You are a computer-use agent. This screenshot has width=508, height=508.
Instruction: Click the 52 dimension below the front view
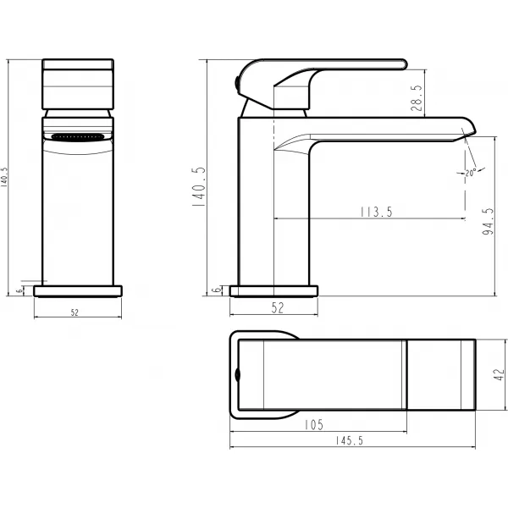(x=75, y=312)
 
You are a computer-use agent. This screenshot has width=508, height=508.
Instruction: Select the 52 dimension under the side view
(x=277, y=308)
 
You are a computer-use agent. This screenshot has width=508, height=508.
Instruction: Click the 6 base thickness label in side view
(x=217, y=290)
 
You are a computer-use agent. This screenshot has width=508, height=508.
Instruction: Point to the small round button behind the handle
(x=235, y=81)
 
